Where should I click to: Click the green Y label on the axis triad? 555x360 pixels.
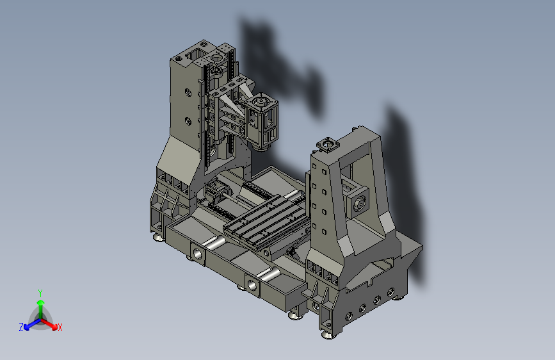[40, 293]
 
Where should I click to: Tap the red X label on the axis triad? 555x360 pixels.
[60, 328]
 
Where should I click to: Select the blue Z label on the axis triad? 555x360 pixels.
[21, 327]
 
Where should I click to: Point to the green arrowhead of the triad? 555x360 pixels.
[41, 303]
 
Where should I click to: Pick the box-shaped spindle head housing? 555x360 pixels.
[261, 120]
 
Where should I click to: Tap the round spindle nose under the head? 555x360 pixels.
[262, 148]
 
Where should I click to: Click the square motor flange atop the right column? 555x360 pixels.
[327, 144]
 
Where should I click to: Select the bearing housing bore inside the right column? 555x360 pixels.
[359, 204]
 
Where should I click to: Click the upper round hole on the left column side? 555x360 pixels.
[188, 93]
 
